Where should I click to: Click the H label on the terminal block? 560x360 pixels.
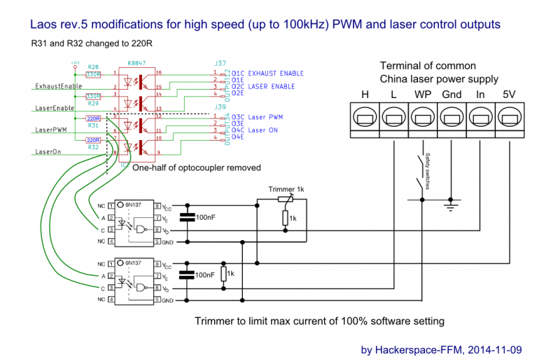coord(365,94)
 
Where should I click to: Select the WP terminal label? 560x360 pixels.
coord(422,94)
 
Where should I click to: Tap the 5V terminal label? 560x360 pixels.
coord(509,94)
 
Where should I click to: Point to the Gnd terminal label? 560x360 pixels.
coord(451,94)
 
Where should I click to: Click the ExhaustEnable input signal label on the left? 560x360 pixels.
coord(58,86)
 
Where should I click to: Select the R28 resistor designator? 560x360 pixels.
coord(93,67)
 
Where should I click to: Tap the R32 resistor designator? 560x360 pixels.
coord(93,147)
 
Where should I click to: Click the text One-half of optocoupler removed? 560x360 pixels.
coord(197,167)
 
